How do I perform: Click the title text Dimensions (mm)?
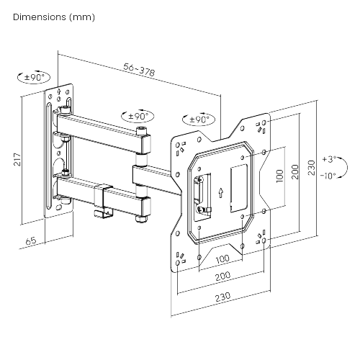53,16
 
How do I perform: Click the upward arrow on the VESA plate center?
222,193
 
